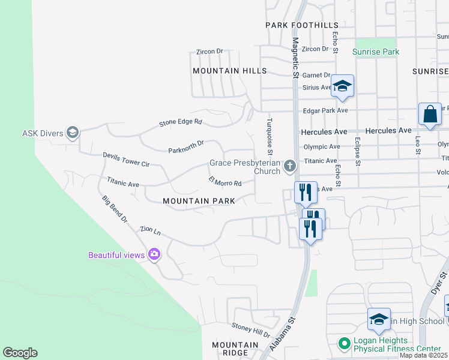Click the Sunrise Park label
tap(376, 52)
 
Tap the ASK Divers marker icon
tap(73, 133)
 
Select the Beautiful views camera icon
tap(154, 254)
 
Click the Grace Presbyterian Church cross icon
tap(290, 166)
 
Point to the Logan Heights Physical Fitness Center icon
tap(344, 344)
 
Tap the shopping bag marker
tap(430, 114)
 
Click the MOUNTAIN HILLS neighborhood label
tap(229, 71)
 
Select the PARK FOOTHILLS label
tap(302, 25)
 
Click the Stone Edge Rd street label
tap(181, 122)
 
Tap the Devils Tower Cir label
tap(126, 159)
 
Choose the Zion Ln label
tap(150, 230)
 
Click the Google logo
tap(20, 353)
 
